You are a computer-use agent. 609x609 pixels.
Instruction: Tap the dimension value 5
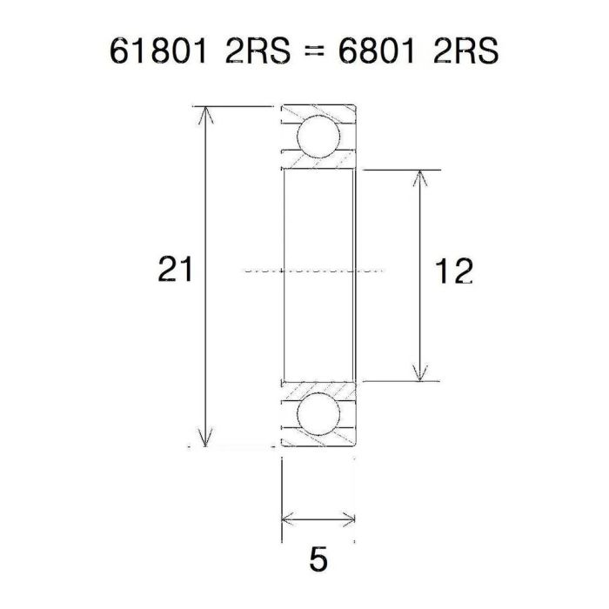coord(319,559)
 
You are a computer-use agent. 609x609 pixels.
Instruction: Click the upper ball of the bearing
coord(317,137)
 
